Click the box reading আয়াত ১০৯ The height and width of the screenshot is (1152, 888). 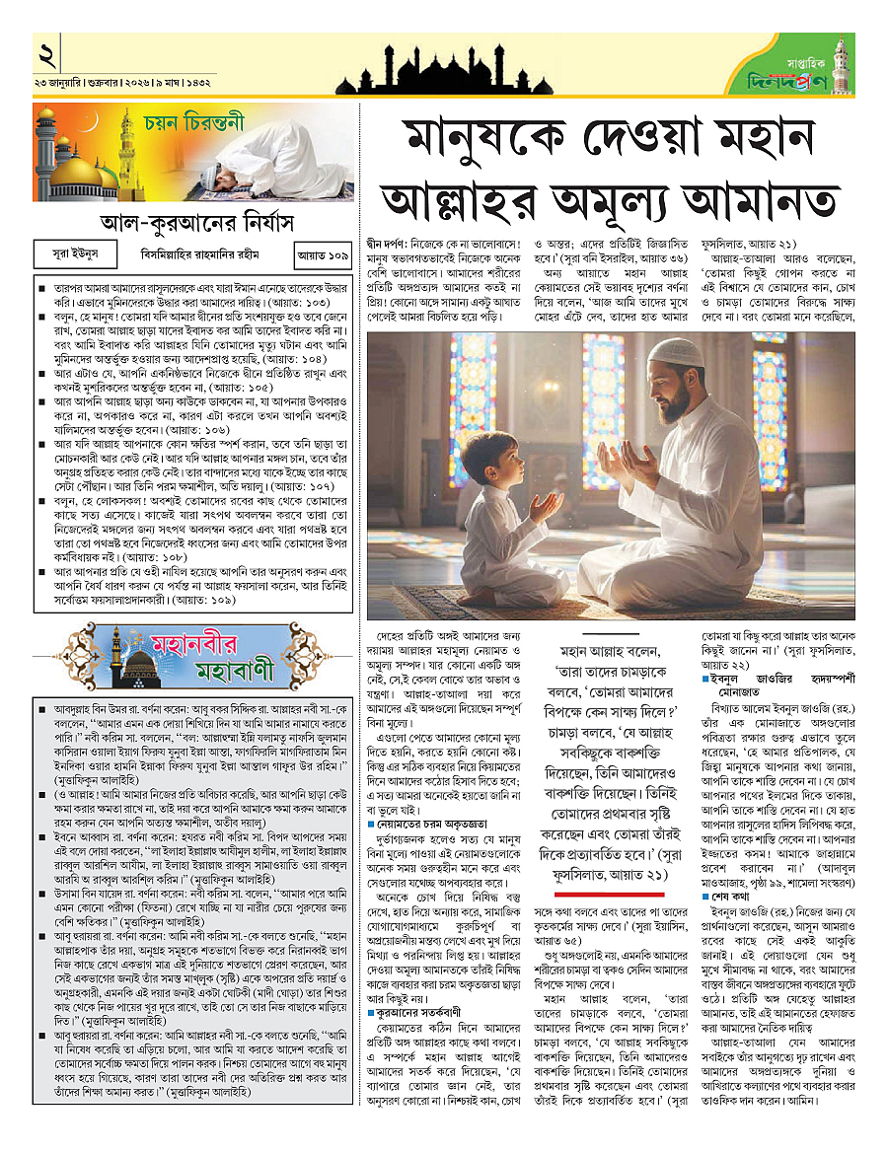(x=325, y=253)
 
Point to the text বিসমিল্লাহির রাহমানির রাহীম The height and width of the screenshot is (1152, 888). (x=196, y=253)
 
